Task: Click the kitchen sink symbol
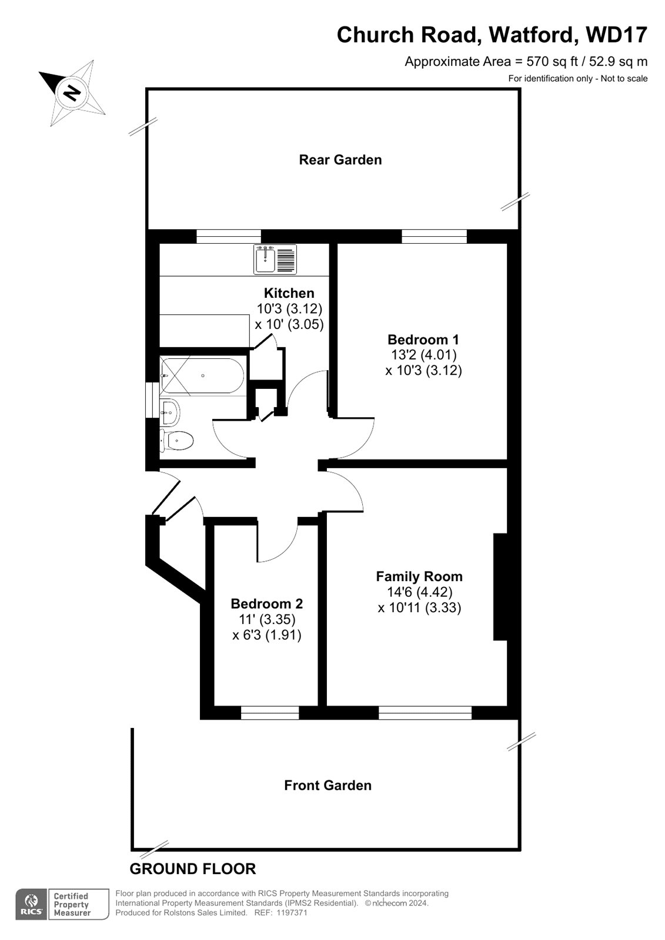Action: (275, 260)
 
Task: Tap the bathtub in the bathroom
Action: (202, 375)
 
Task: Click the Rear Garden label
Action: (340, 160)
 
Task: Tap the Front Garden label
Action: (328, 785)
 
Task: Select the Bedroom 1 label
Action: (423, 339)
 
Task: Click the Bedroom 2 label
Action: (267, 604)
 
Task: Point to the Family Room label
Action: (419, 576)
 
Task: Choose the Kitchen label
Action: (289, 293)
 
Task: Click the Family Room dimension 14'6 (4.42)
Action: (419, 592)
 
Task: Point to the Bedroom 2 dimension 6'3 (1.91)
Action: (267, 635)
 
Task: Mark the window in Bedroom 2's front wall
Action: (270, 713)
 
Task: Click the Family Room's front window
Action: (425, 713)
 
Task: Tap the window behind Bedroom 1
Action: (435, 236)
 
